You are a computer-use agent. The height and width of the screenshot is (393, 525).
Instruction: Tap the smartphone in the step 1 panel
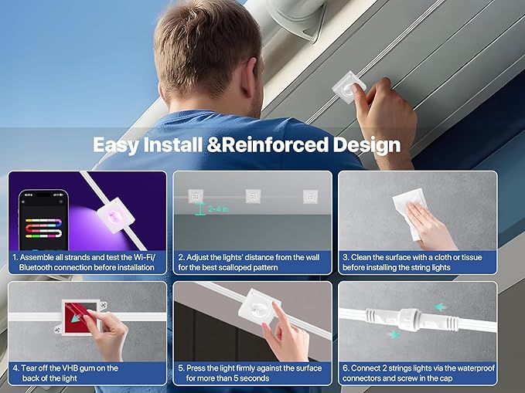click(43, 220)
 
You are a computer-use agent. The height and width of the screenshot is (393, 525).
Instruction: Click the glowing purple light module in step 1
click(115, 215)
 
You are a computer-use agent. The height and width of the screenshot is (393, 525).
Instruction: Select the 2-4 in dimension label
click(218, 209)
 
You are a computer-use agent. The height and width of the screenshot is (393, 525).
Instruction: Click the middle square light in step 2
click(253, 196)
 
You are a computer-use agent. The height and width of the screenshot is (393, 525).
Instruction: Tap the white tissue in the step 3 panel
click(410, 212)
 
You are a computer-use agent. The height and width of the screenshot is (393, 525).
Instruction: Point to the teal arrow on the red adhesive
click(80, 315)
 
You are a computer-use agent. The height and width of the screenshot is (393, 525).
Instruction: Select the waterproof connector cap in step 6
click(409, 320)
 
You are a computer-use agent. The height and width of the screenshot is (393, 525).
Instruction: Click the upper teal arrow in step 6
click(440, 307)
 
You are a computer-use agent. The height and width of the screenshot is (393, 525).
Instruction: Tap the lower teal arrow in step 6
click(395, 334)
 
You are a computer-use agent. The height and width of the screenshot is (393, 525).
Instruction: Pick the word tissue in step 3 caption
click(472, 257)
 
